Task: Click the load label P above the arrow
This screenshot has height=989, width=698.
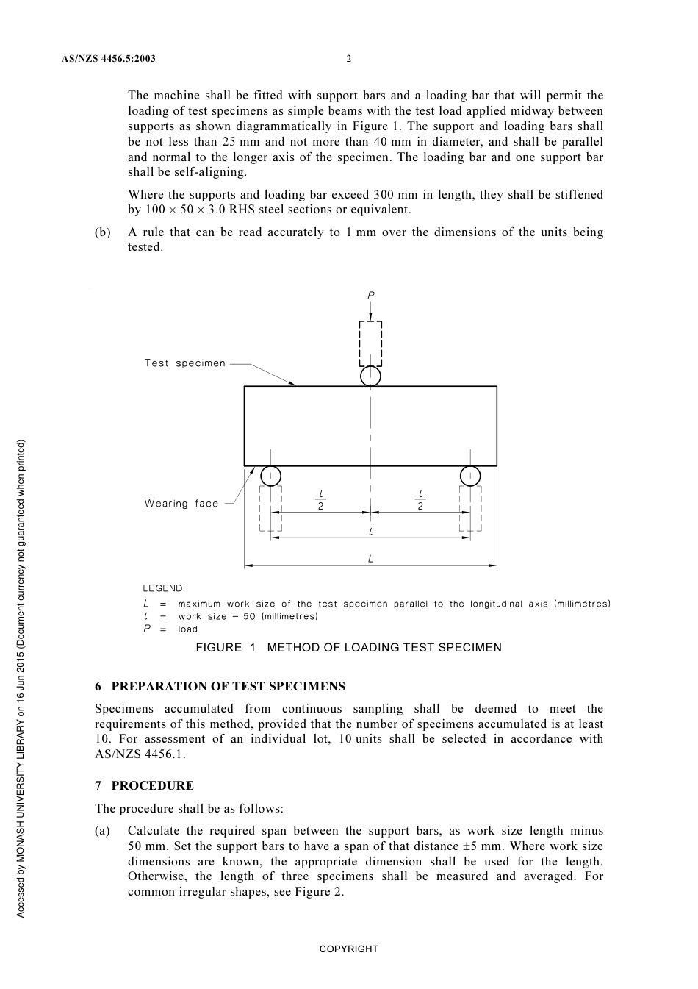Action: (x=371, y=295)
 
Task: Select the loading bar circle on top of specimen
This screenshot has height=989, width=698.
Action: (x=371, y=376)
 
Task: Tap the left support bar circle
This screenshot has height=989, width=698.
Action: (x=270, y=476)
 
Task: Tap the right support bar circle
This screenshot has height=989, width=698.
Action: (x=470, y=476)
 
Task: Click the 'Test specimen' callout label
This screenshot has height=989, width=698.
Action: (x=185, y=363)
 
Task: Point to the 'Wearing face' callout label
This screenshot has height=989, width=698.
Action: (x=181, y=504)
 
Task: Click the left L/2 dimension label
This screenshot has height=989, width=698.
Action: (x=321, y=500)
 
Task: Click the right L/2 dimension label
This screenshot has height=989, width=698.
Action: (x=420, y=500)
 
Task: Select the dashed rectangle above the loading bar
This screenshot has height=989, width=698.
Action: (x=371, y=343)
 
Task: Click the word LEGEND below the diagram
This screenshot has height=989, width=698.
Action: (x=164, y=588)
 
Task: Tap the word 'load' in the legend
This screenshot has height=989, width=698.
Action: (x=188, y=629)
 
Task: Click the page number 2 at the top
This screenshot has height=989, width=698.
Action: (x=349, y=59)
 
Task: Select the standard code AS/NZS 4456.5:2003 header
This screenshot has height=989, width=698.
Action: (x=109, y=59)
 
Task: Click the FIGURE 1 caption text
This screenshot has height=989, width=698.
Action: (x=348, y=648)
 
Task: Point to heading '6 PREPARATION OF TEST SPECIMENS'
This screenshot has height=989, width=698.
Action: (x=220, y=687)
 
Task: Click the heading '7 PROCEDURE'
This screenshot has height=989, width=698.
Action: (x=144, y=786)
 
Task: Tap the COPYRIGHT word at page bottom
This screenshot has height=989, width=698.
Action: (x=348, y=949)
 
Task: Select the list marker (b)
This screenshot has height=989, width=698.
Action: (x=103, y=232)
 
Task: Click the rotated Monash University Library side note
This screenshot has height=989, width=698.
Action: (x=21, y=678)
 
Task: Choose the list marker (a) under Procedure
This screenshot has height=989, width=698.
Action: (x=103, y=831)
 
